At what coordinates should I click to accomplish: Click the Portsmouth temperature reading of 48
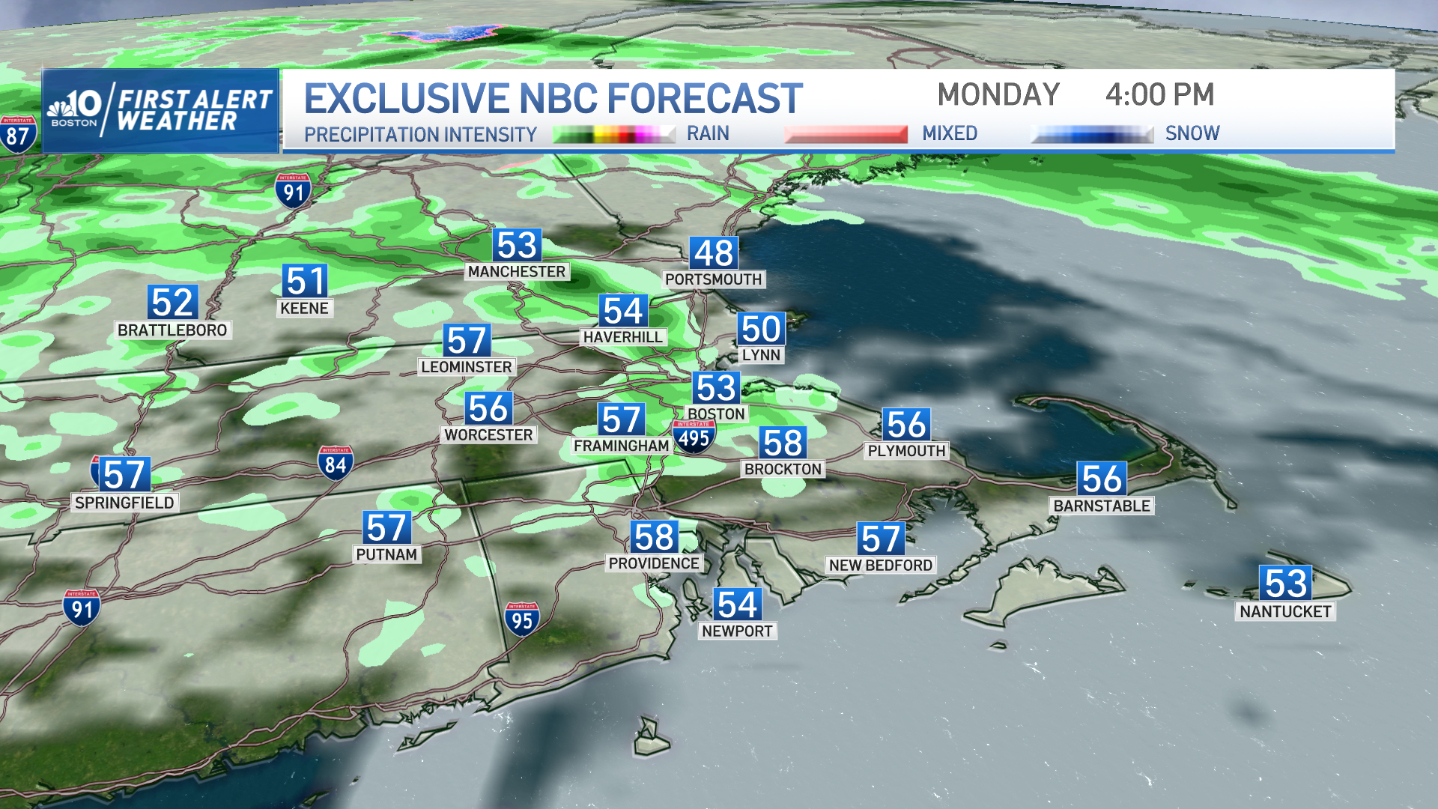click(x=714, y=253)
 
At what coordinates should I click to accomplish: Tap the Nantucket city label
click(x=1285, y=611)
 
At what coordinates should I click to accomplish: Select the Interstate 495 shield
click(x=694, y=437)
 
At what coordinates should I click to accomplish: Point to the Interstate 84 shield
click(x=335, y=464)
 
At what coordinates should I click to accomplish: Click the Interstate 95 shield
click(x=522, y=619)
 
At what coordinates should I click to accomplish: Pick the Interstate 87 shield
click(x=17, y=135)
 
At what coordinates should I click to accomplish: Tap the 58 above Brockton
click(x=783, y=443)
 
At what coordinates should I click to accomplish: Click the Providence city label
click(x=654, y=563)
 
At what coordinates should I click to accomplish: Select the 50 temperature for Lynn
click(x=761, y=329)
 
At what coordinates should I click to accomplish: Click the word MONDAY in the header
click(x=998, y=95)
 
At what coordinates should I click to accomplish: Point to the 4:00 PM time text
click(x=1159, y=95)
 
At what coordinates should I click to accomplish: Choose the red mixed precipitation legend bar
click(x=846, y=135)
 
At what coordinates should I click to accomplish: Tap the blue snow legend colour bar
click(x=1092, y=135)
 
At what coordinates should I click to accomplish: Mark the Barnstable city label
click(x=1102, y=506)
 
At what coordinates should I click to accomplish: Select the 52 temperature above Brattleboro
click(x=173, y=303)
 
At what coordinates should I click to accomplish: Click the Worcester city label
click(x=488, y=435)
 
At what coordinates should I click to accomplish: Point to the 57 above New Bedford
click(x=881, y=539)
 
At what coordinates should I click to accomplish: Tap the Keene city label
click(x=304, y=308)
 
